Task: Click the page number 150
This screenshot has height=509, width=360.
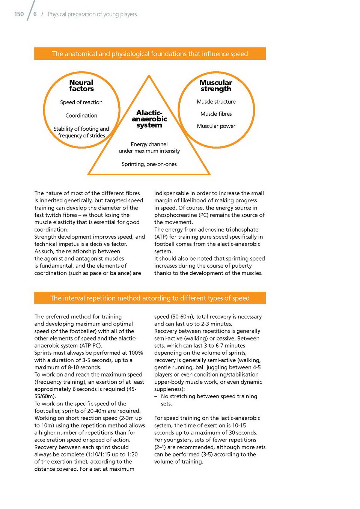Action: coord(19,14)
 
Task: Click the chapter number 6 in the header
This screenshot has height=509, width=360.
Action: coord(35,14)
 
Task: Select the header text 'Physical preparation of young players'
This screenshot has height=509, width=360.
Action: coord(92,14)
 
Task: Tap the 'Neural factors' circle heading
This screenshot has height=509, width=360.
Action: coord(81,86)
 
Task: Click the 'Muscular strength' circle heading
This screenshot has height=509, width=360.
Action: coord(216,86)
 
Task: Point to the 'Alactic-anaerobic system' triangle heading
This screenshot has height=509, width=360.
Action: coord(149,119)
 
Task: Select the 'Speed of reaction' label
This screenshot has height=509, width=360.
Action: coord(81,102)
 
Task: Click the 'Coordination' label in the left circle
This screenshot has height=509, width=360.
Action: coord(81,116)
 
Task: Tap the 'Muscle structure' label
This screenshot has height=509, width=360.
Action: coord(216,102)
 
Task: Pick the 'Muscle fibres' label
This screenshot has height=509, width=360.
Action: coord(216,114)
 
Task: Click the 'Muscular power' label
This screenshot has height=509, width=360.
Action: coord(216,126)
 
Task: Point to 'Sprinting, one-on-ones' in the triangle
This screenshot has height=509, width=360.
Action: coord(149,164)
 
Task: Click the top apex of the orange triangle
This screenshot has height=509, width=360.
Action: coord(149,76)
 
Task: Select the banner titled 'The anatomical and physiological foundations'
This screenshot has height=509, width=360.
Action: coord(150,54)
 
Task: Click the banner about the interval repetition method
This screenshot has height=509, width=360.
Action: coord(150,298)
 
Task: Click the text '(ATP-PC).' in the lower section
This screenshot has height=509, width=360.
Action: coord(90,346)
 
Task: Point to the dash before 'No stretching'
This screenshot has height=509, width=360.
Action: coord(156,396)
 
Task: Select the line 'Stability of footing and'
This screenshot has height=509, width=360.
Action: coord(81,129)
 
